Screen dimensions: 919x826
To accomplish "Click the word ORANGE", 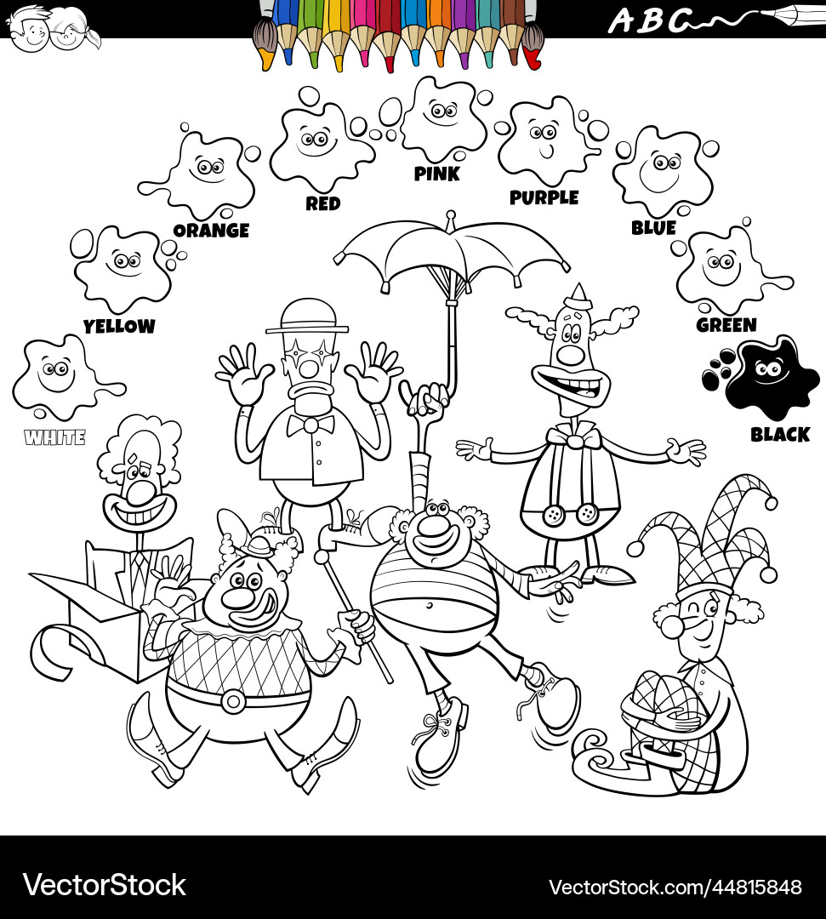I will coord(211,230).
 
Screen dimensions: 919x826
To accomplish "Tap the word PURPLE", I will coord(544,197).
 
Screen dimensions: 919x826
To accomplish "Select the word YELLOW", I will coord(119,326).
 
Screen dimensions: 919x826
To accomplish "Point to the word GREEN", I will coord(726,325).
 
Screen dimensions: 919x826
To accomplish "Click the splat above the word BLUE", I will coord(661,169).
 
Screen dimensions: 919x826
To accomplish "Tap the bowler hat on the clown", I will coord(307,316).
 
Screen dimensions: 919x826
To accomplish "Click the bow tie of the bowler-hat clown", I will coord(310,424).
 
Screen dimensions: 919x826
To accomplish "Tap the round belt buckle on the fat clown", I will coord(232,700).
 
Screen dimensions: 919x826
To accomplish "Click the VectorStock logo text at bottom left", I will coord(104,885).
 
